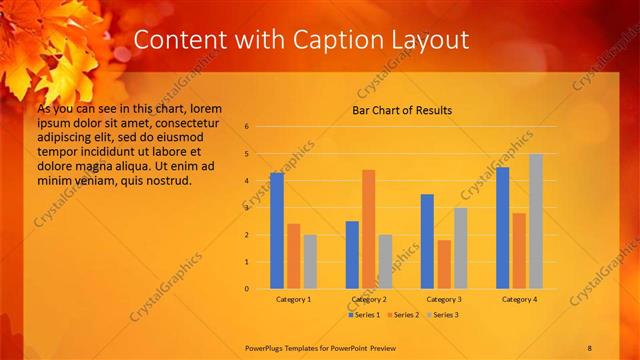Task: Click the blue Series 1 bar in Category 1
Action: pyautogui.click(x=277, y=231)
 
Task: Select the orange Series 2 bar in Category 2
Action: pyautogui.click(x=368, y=229)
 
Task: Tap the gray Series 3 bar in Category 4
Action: pyautogui.click(x=536, y=221)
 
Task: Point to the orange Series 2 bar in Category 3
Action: pyautogui.click(x=443, y=264)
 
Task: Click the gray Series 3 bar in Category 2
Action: pyautogui.click(x=385, y=262)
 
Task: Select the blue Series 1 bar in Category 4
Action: pyautogui.click(x=502, y=228)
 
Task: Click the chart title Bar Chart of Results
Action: pyautogui.click(x=402, y=110)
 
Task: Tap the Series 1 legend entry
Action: pyautogui.click(x=364, y=315)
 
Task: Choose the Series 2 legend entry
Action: pyautogui.click(x=402, y=315)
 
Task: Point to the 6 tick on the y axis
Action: pyautogui.click(x=246, y=127)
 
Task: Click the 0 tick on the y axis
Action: pyautogui.click(x=246, y=289)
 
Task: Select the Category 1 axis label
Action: pyautogui.click(x=293, y=299)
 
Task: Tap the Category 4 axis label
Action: pyautogui.click(x=519, y=299)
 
